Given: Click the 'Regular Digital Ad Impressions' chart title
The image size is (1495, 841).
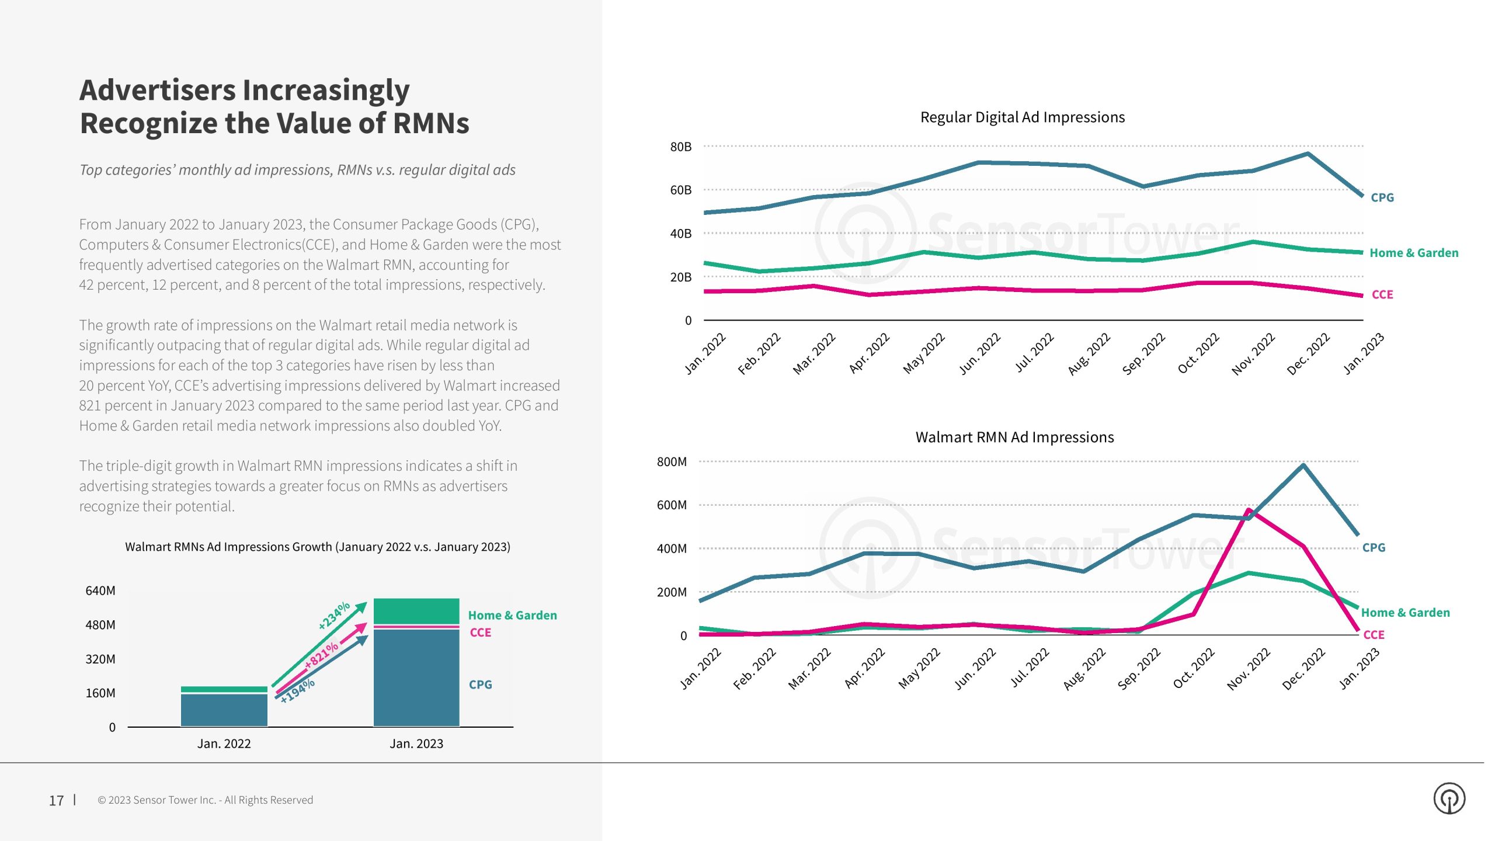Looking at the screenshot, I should pyautogui.click(x=1022, y=117).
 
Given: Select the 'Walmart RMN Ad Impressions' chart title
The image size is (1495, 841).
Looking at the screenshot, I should pyautogui.click(x=1014, y=437).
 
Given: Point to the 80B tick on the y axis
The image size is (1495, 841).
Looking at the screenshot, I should pyautogui.click(x=680, y=147).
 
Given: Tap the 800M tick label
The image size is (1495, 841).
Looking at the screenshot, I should pyautogui.click(x=672, y=462).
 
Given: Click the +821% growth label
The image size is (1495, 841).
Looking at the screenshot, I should pyautogui.click(x=321, y=655).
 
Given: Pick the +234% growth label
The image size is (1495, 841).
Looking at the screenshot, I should pyautogui.click(x=333, y=615).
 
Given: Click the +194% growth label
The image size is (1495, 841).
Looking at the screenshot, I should pyautogui.click(x=297, y=691).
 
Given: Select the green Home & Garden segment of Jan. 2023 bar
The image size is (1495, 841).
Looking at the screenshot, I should pyautogui.click(x=416, y=611).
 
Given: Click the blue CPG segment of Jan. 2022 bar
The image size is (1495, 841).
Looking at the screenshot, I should pyautogui.click(x=224, y=710).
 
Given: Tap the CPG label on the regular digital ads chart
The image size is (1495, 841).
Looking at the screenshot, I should pyautogui.click(x=1382, y=198).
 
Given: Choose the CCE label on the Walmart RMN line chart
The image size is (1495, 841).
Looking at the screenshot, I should pyautogui.click(x=1374, y=635).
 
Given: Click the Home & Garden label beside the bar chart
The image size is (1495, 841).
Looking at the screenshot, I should pyautogui.click(x=512, y=616).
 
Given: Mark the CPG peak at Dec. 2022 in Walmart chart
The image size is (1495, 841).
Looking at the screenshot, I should pyautogui.click(x=1303, y=465).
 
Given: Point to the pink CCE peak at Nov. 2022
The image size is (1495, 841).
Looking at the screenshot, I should pyautogui.click(x=1249, y=510).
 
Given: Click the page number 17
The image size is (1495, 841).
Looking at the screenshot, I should pyautogui.click(x=56, y=801).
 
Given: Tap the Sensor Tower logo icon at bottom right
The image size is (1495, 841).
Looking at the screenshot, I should pyautogui.click(x=1449, y=798).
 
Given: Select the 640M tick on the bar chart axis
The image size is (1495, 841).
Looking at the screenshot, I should pyautogui.click(x=100, y=591).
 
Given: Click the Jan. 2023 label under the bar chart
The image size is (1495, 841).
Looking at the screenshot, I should pyautogui.click(x=416, y=744).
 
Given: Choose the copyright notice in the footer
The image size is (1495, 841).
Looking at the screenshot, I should pyautogui.click(x=205, y=800).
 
